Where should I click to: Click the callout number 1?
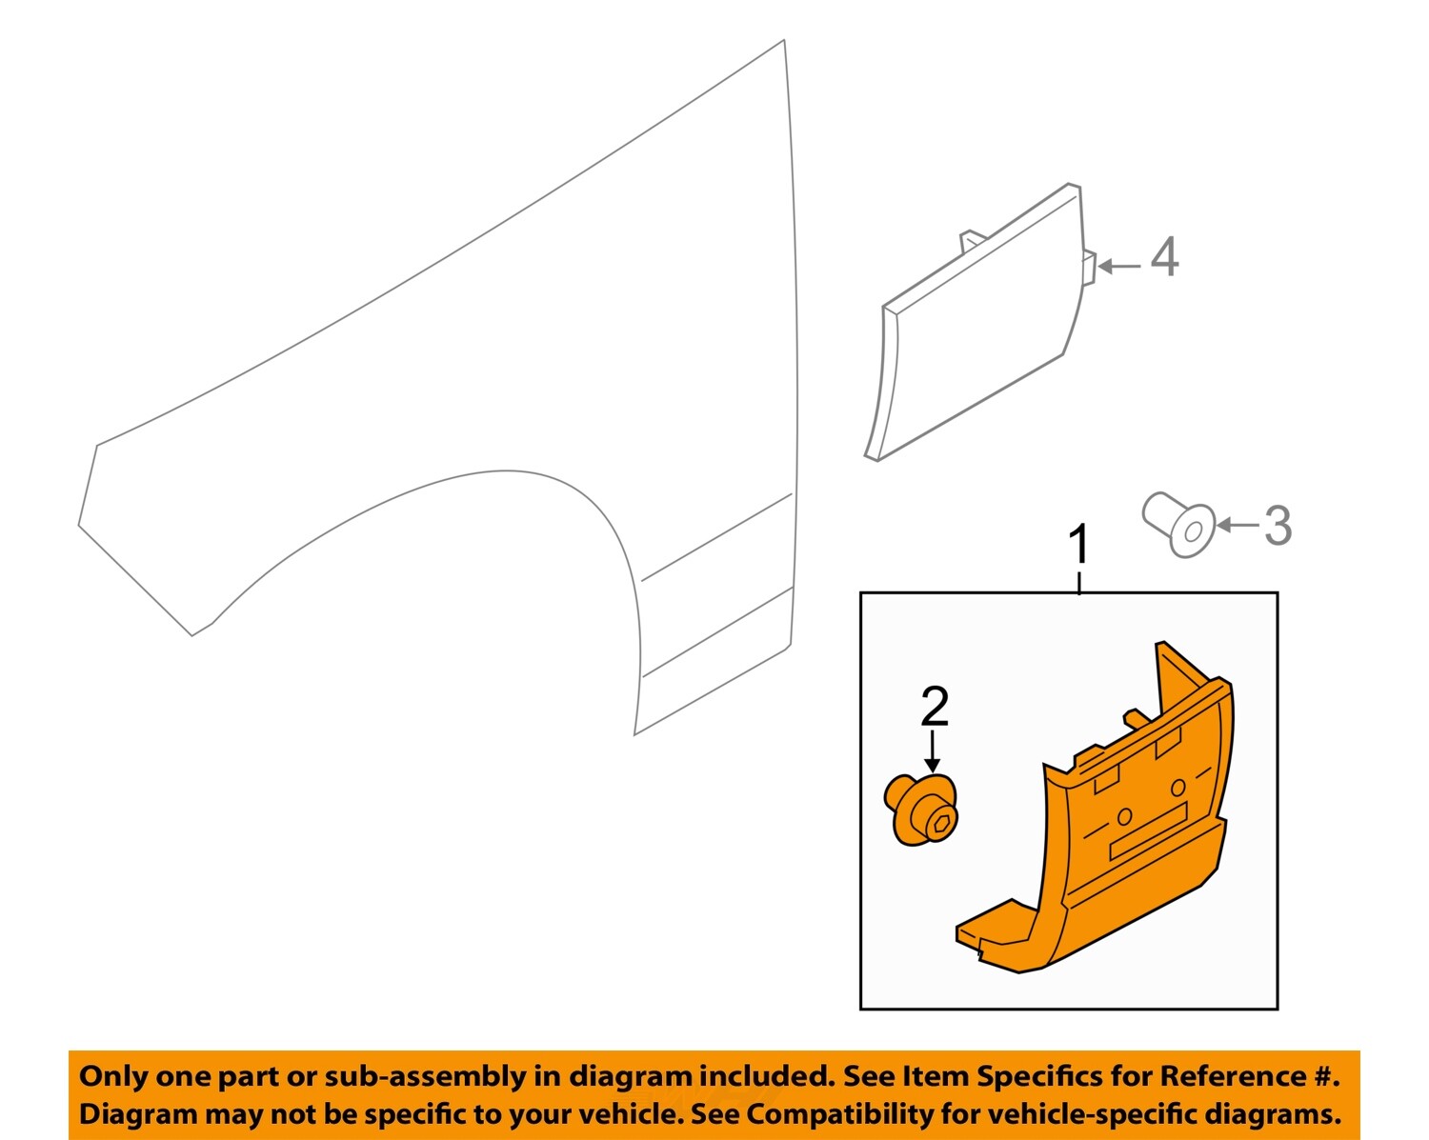click(x=1078, y=546)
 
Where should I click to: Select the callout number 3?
click(x=1278, y=525)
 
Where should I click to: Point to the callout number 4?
click(x=1164, y=258)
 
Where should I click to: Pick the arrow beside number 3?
click(x=1238, y=525)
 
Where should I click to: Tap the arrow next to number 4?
click(x=1118, y=267)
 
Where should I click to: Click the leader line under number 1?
click(x=1079, y=581)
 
